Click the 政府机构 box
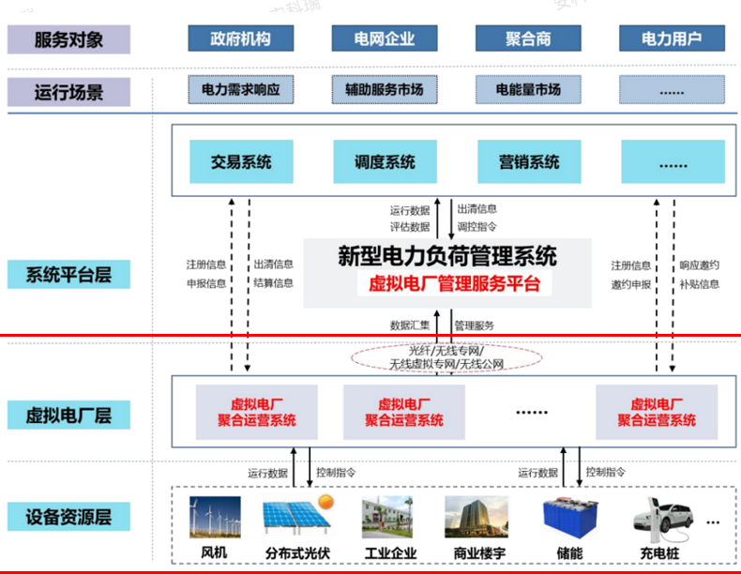[241, 39]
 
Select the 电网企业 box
[386, 39]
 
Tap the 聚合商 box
[527, 39]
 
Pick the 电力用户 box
[672, 39]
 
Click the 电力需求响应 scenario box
[241, 90]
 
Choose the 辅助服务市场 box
[386, 90]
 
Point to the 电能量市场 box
[528, 90]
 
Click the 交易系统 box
[241, 162]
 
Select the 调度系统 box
[385, 162]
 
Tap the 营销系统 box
[529, 162]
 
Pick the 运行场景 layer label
[68, 92]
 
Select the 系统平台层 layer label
[68, 276]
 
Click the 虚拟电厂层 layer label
[68, 415]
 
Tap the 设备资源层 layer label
[68, 516]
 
